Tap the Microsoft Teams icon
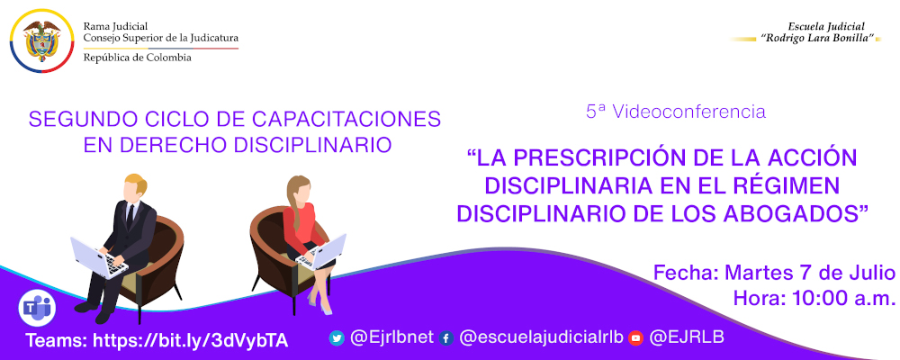point(37,308)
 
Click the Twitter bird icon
point(337,338)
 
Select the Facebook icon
point(445,338)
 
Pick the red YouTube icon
point(635,338)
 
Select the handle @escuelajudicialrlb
point(538,337)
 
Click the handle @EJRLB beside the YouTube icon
point(687,337)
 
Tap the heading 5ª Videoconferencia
point(675,112)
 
